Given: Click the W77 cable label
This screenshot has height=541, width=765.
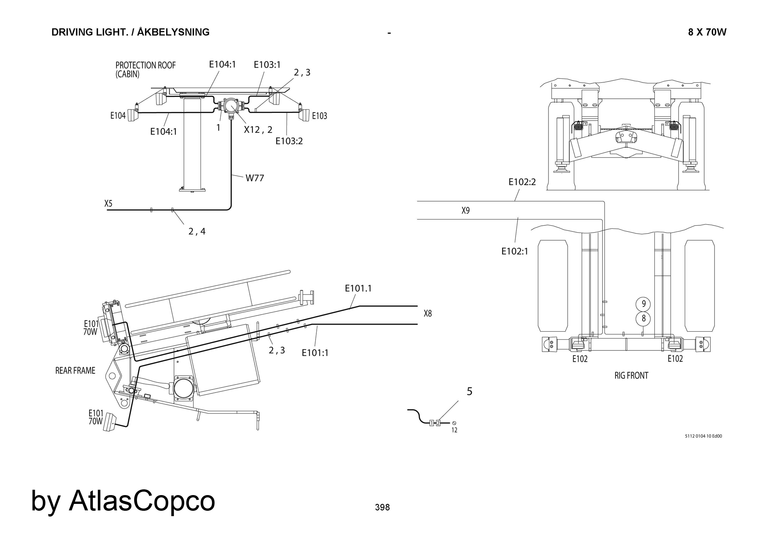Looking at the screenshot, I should pyautogui.click(x=255, y=178).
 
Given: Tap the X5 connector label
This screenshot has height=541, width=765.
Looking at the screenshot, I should pyautogui.click(x=109, y=204).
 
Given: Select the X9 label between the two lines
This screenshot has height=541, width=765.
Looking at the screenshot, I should pyautogui.click(x=466, y=210).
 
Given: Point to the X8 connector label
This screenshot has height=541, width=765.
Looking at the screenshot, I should pyautogui.click(x=428, y=314).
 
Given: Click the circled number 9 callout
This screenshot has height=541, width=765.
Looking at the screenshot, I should pyautogui.click(x=643, y=304).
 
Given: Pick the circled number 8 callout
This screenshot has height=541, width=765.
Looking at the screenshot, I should pyautogui.click(x=643, y=318).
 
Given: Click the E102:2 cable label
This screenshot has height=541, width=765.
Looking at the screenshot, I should pyautogui.click(x=522, y=182).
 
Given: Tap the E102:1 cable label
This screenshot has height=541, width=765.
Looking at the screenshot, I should pyautogui.click(x=515, y=251).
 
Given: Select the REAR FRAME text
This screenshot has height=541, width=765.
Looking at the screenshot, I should pyautogui.click(x=75, y=370).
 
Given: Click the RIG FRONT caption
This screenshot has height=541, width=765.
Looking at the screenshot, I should pyautogui.click(x=631, y=376).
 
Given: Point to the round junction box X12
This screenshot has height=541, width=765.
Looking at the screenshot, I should pyautogui.click(x=231, y=105).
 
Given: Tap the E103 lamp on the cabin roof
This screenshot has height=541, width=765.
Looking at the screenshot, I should pyautogui.click(x=305, y=115).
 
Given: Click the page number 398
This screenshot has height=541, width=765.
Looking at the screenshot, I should pyautogui.click(x=382, y=507).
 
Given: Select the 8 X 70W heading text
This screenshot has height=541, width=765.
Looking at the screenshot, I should pyautogui.click(x=707, y=33).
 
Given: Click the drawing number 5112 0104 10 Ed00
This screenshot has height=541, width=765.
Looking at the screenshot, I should pyautogui.click(x=703, y=436).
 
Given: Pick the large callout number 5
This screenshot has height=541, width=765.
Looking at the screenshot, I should pyautogui.click(x=470, y=391).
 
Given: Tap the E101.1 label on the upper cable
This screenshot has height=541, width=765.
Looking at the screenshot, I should pyautogui.click(x=358, y=288).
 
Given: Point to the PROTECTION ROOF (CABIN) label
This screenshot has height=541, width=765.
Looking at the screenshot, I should pyautogui.click(x=145, y=70).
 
